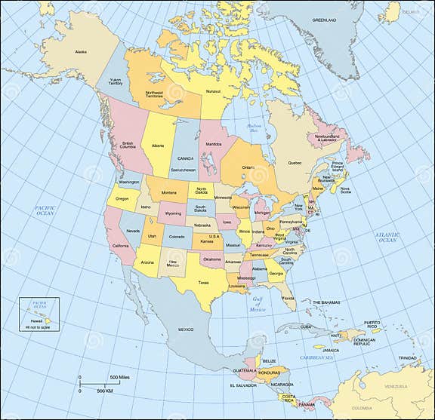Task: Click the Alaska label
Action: point(81,51)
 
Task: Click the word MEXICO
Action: point(186,330)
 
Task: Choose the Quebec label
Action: point(295,162)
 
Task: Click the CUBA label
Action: point(305,326)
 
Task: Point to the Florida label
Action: point(288,298)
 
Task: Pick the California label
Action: point(120,247)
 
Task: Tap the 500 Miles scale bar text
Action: point(120,377)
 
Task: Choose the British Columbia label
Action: point(128,146)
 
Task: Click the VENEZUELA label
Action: point(396,386)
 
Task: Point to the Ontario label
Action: point(248,167)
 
